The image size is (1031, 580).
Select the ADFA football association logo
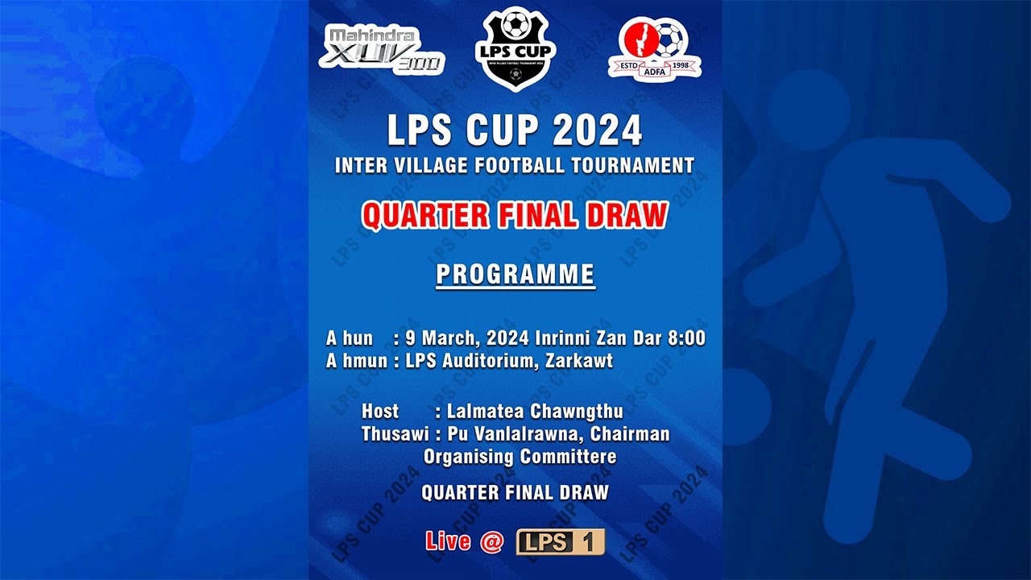[654, 49]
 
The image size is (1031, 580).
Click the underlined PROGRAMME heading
[515, 275]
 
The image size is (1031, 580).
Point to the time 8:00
[686, 338]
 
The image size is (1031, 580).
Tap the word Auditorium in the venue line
[489, 361]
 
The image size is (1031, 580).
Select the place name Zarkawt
[579, 361]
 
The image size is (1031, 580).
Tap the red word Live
[448, 541]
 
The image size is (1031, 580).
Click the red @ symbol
[491, 541]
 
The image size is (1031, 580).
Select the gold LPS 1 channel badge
[560, 542]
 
